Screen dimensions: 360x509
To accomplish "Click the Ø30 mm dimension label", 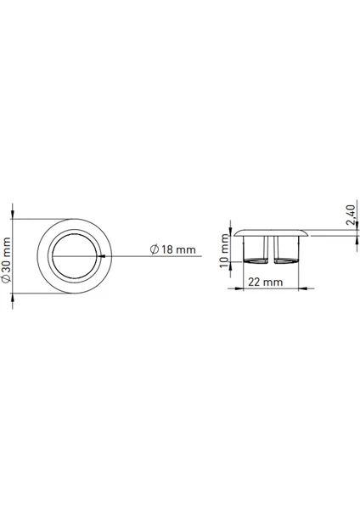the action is pos(6,260).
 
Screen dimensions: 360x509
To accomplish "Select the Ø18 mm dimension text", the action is pos(173,249).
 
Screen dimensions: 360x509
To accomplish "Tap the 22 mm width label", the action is pos(266,282).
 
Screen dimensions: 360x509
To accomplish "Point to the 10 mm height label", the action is pos(224,250).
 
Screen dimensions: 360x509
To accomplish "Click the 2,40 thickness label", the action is pos(352,215).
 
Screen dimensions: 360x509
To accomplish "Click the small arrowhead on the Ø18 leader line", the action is pos(103,256).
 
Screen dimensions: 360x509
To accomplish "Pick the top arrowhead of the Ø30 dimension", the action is pos(13,215).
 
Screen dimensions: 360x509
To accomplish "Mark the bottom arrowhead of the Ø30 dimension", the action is pos(13,298).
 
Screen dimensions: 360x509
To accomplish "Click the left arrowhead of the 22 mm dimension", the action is pos(239,288).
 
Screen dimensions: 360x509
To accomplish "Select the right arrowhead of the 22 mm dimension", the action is pos(303,288).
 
